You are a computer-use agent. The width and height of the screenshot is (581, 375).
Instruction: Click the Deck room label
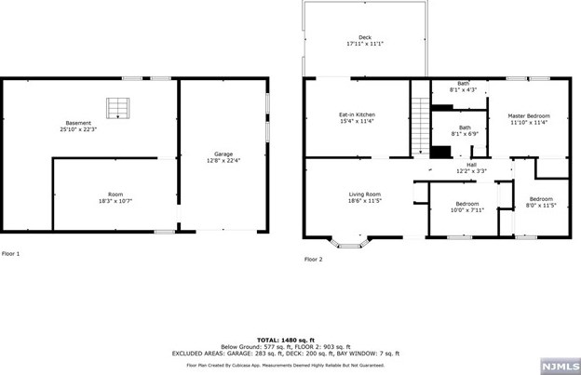(x=364, y=38)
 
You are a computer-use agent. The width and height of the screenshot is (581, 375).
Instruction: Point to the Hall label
(x=470, y=165)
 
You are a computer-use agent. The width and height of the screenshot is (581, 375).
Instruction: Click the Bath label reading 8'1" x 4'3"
(x=463, y=87)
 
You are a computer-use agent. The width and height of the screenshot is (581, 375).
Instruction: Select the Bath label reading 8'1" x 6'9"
(x=463, y=130)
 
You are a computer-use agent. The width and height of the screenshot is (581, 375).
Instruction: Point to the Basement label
(x=77, y=124)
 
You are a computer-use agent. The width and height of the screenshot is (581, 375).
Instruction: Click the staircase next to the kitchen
(x=420, y=121)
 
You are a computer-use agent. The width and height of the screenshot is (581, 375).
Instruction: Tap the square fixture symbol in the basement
(x=117, y=109)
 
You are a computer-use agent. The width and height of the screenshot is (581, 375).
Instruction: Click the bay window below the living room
(x=351, y=245)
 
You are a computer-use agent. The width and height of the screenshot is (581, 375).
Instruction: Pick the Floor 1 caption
(x=10, y=253)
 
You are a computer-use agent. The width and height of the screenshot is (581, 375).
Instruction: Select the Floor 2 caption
(x=313, y=260)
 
